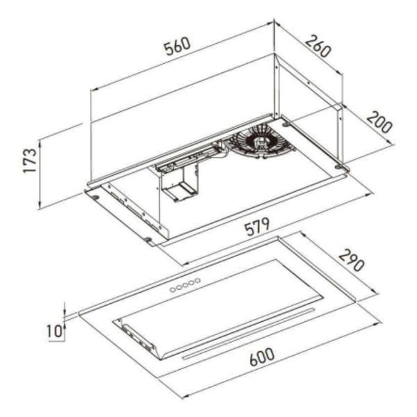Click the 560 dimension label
pyautogui.click(x=177, y=47)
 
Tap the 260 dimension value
pyautogui.click(x=318, y=47)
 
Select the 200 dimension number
pyautogui.click(x=379, y=122)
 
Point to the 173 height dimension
pyautogui.click(x=29, y=161)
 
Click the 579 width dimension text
pyautogui.click(x=257, y=227)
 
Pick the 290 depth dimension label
pyautogui.click(x=352, y=261)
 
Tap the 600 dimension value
pyautogui.click(x=262, y=357)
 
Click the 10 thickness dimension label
pyautogui.click(x=54, y=331)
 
